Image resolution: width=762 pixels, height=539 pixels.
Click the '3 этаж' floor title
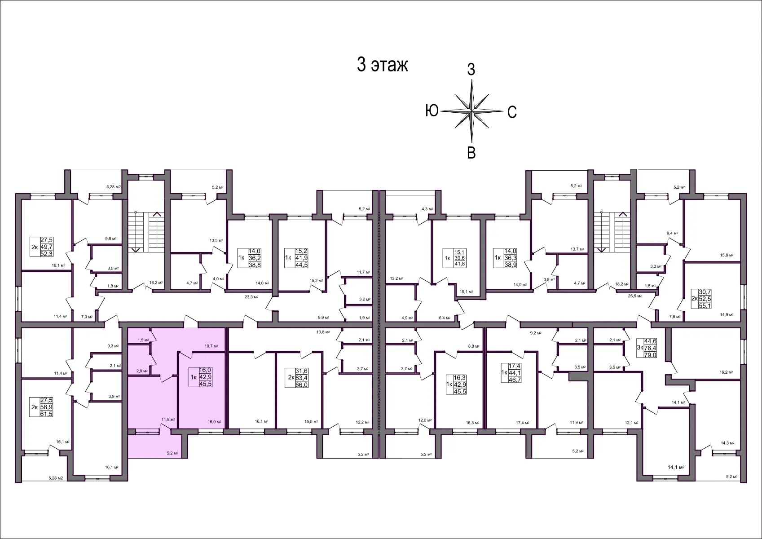pos(382,65)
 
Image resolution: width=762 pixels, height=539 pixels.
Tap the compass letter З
pos(471,70)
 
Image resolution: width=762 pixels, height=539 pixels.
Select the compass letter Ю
pos(432,110)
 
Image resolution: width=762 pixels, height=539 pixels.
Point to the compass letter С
pos(512,112)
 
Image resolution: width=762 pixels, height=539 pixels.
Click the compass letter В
pos(471,153)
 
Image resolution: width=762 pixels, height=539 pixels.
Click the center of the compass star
pos(471,110)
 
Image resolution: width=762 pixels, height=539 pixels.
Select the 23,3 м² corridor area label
pos(252,297)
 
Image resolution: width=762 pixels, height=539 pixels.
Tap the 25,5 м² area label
pos(634,296)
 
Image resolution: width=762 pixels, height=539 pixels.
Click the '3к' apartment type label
pos(640,348)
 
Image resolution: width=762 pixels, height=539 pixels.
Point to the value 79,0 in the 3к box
pos(650,355)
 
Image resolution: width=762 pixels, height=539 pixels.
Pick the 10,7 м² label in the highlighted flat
pos(211,346)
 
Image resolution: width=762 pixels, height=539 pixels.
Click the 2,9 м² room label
pos(142,371)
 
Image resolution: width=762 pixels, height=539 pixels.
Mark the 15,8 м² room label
pos(727,255)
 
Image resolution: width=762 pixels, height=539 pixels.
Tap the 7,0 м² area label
pos(87,317)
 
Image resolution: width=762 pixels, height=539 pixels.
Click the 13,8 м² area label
pos(323,332)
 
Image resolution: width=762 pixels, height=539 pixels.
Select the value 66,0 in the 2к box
pos(301,385)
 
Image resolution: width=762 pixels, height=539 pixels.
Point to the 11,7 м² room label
pos(363,272)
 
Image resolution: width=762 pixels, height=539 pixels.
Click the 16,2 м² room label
pos(726,372)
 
